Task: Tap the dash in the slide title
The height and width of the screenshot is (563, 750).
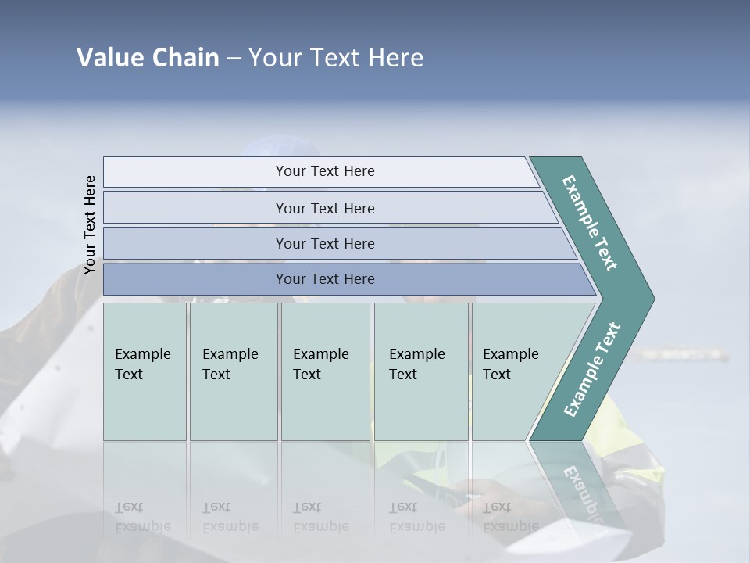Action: [234, 59]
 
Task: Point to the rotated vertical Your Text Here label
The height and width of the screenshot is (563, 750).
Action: [90, 224]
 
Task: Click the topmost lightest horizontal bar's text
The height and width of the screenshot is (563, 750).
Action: [325, 171]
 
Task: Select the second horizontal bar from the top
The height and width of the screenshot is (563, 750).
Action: [325, 208]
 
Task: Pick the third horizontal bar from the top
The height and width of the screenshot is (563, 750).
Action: [325, 243]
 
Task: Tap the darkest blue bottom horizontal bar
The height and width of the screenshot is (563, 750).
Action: [325, 279]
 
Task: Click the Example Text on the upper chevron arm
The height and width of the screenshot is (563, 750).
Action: [591, 224]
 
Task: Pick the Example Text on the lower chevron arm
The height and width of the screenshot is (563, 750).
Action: [592, 370]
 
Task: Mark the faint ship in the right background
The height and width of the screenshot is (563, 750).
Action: [680, 354]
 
